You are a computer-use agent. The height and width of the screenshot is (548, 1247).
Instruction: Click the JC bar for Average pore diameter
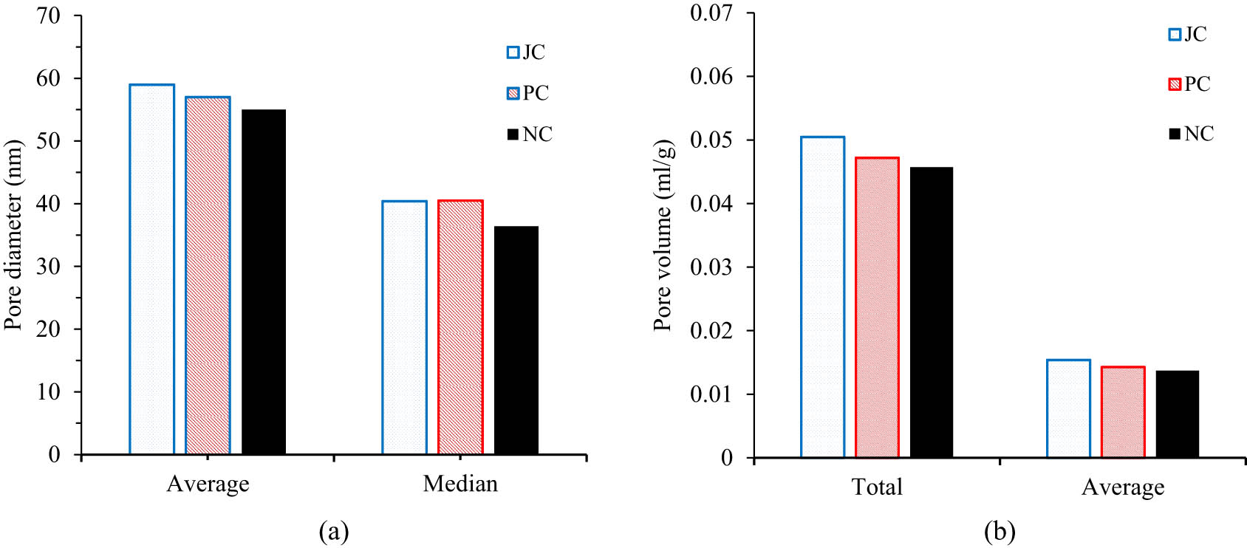(x=151, y=270)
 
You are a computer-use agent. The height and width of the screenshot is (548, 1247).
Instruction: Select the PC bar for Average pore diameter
(x=208, y=275)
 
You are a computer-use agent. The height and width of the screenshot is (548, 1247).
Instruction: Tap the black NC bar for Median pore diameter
(x=516, y=340)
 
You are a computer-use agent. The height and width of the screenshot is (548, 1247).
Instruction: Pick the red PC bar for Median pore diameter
(x=460, y=327)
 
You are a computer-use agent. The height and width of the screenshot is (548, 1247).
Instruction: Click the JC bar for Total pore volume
(x=822, y=297)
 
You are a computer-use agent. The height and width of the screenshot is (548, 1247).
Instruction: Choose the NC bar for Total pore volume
(x=932, y=312)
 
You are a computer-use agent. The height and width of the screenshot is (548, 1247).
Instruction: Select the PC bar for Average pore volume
(x=1123, y=412)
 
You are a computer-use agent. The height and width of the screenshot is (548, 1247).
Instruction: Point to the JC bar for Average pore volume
(x=1068, y=408)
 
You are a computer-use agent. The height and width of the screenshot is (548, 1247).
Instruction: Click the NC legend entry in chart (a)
(x=530, y=134)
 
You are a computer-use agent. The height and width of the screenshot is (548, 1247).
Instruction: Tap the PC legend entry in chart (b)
(x=1189, y=84)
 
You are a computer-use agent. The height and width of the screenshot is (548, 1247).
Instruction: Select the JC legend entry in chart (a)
(x=526, y=52)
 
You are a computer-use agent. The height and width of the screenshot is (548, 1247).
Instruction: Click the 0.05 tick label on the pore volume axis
(x=711, y=140)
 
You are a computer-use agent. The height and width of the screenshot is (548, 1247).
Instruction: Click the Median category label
(x=460, y=484)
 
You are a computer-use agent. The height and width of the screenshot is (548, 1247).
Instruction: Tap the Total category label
(x=877, y=487)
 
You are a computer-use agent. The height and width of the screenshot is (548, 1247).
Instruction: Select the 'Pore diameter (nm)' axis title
(x=13, y=235)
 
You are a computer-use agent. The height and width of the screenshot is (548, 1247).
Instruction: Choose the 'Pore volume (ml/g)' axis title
(x=663, y=235)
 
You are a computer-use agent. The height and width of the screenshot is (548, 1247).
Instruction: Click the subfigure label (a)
(x=333, y=531)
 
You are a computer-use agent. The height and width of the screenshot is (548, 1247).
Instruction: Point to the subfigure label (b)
(x=1000, y=531)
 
